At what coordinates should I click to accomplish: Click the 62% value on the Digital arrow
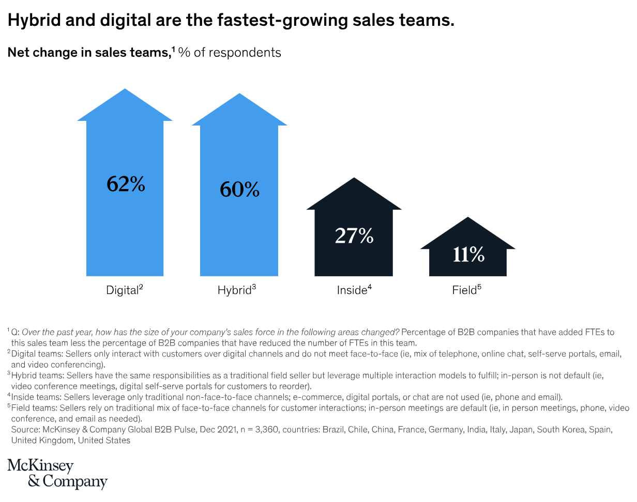(x=126, y=184)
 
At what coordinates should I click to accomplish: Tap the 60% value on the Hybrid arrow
(x=239, y=190)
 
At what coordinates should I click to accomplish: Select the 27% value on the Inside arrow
(x=354, y=236)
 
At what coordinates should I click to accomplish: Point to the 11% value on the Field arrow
(x=468, y=254)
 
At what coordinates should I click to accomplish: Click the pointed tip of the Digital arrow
(x=125, y=90)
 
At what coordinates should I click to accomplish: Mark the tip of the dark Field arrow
(x=468, y=218)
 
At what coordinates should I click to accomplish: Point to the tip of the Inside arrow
(x=354, y=179)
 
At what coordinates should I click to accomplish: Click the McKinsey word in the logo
(x=40, y=466)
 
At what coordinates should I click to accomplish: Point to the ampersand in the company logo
(x=34, y=481)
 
